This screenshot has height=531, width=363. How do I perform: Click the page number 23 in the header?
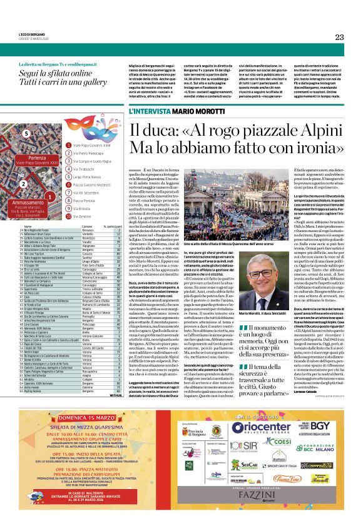[339, 37]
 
